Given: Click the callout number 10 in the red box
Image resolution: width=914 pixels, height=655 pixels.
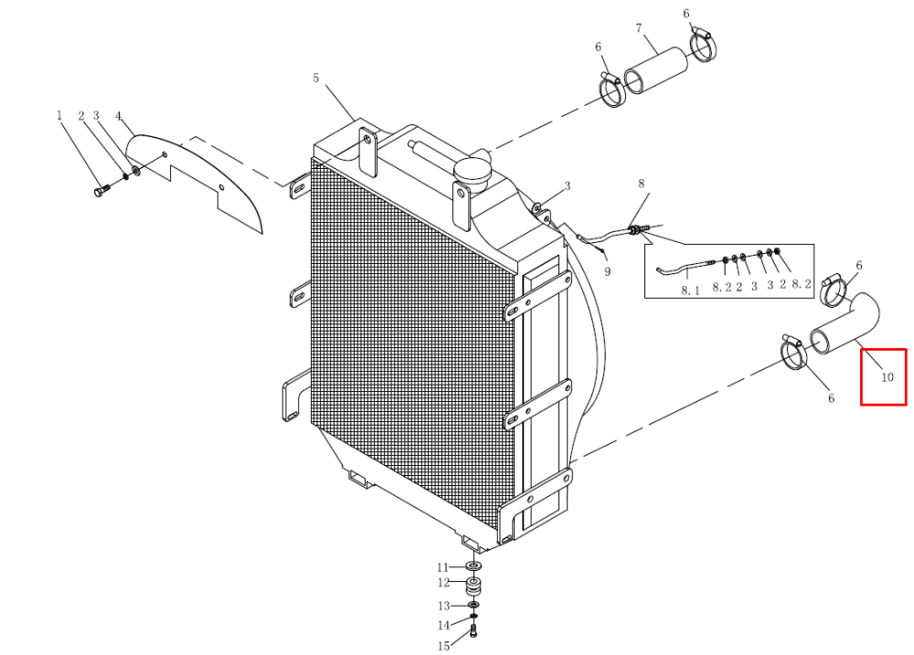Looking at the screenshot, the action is [887, 377].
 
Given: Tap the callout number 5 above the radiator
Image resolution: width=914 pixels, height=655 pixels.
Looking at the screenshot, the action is [315, 78].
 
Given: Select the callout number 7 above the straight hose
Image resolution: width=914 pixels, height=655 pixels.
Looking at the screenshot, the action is [639, 28].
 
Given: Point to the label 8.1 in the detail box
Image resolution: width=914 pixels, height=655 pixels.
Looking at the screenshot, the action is [690, 291].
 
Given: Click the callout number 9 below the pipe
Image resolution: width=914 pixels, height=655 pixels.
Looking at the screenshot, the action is [608, 271].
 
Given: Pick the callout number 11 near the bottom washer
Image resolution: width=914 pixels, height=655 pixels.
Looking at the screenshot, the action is [443, 567].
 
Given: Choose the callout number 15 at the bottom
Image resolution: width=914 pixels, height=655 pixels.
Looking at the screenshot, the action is [443, 646].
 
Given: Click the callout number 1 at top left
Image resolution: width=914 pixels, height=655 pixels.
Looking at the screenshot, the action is [58, 115].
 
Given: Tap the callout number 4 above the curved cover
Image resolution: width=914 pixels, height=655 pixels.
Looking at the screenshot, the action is [119, 116].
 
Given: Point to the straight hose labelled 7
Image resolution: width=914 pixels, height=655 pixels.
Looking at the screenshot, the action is [655, 71].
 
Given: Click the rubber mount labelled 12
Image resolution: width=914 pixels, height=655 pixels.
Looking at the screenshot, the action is [473, 586].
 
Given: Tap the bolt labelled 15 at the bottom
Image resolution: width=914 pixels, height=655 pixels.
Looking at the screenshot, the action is [473, 631].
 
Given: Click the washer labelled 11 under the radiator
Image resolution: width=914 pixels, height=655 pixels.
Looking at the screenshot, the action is [473, 565].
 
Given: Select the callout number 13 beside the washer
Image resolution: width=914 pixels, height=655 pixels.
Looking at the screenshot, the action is [443, 606].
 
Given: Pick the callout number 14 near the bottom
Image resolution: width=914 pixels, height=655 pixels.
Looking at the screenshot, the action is [443, 625].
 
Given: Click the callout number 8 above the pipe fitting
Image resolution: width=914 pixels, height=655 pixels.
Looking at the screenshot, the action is [642, 185].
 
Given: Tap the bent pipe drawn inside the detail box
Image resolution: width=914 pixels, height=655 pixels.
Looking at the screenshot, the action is [685, 268].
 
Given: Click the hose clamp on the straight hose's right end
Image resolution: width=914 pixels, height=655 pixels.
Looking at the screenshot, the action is [704, 44].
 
